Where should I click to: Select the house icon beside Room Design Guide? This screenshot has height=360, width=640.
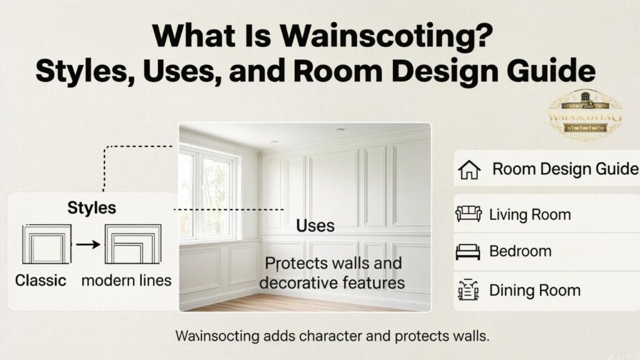469,169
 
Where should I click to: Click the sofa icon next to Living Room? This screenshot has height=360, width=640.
469,214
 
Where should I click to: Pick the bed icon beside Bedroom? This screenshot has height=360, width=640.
469,252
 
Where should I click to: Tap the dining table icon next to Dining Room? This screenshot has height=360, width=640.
469,290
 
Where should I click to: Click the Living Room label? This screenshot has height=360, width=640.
530,215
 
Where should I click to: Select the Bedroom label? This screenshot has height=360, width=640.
520,252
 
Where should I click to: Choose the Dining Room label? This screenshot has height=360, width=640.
534,290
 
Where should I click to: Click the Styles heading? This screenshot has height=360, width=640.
92,208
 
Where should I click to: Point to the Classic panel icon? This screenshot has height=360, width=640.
46,244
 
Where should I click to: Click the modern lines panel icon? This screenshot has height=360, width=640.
132,244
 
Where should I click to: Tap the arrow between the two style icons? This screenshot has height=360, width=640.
87,244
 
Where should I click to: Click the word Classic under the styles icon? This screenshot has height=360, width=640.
41,280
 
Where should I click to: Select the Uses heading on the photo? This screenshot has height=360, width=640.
315,225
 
